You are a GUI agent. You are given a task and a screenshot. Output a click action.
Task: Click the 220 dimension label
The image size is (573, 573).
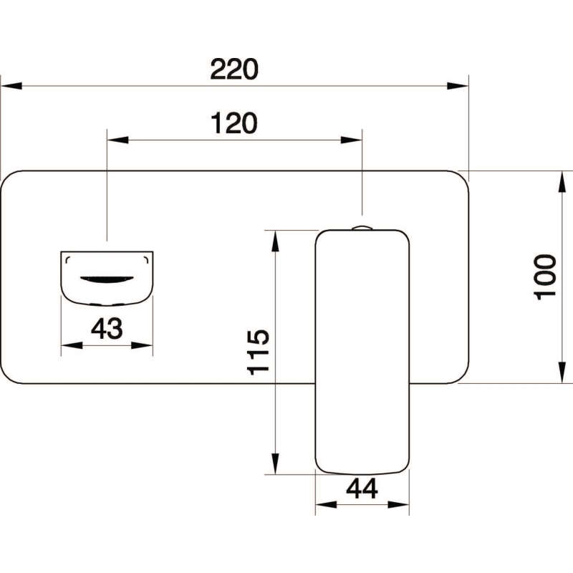point(234,69)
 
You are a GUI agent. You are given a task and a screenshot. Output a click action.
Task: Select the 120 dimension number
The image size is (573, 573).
point(234,123)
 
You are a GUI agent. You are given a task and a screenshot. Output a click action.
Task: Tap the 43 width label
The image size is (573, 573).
point(107,328)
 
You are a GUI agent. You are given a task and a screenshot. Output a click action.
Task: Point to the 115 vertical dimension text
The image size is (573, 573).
point(259,352)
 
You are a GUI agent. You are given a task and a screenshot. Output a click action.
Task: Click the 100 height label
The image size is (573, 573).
point(545,277)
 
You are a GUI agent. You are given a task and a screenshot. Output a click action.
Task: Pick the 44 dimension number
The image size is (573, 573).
point(362,488)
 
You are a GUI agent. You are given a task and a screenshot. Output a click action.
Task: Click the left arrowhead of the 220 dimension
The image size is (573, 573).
point(11,86)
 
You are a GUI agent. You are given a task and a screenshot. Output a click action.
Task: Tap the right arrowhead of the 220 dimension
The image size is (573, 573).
point(458,86)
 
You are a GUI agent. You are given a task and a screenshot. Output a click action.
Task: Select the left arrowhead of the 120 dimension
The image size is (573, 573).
point(117,140)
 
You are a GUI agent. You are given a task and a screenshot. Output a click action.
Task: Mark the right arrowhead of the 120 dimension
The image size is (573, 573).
point(351,140)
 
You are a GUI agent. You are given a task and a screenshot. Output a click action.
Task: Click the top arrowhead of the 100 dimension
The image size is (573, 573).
point(562,181)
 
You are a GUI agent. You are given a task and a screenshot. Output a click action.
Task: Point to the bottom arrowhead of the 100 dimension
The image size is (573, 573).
point(562,372)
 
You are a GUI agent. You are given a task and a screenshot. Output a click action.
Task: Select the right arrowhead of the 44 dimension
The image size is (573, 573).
point(398,505)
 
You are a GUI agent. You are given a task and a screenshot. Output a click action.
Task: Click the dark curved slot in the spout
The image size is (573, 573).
point(107,279)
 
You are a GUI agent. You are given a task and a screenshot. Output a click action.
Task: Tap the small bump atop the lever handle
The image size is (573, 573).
point(362,228)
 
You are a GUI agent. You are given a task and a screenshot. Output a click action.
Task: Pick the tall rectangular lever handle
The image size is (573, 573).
point(362,352)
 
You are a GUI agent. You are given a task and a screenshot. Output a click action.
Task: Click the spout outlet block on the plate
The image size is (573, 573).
point(107,278)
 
